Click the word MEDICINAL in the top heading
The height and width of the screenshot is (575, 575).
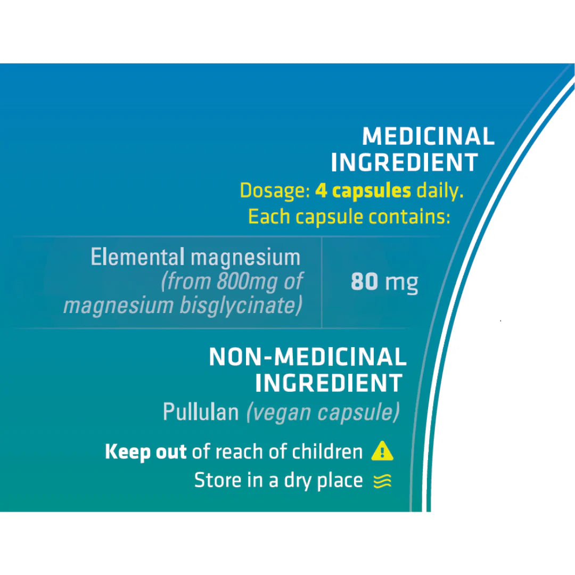(428, 136)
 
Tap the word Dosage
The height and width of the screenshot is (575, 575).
(275, 191)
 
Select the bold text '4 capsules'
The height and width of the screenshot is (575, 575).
(363, 191)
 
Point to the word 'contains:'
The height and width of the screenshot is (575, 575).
(409, 216)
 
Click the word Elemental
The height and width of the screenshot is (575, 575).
(137, 257)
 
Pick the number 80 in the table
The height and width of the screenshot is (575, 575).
(364, 282)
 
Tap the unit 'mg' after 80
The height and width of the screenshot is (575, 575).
(402, 283)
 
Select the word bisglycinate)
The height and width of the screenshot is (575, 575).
(241, 306)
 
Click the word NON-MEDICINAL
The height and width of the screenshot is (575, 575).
(308, 357)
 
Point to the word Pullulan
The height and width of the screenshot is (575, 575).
(201, 412)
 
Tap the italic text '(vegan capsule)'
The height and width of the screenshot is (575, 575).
(323, 413)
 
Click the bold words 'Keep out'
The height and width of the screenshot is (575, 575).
(145, 452)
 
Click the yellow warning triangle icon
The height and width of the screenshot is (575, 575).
(382, 451)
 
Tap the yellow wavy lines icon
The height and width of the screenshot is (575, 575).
(382, 481)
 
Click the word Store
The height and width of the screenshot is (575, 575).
(218, 480)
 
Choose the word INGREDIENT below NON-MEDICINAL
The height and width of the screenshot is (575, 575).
(329, 383)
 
